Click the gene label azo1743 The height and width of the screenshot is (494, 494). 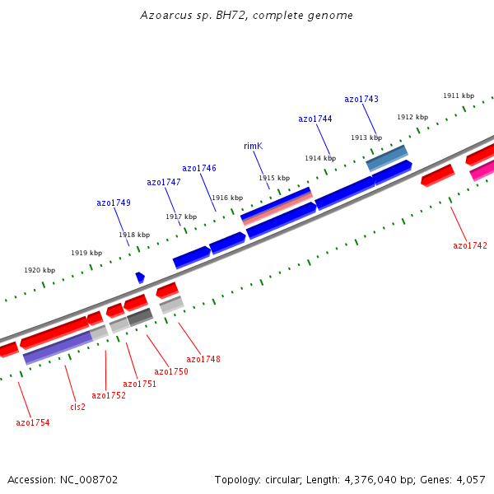pos(361,100)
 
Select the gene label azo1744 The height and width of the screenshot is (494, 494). pos(315,119)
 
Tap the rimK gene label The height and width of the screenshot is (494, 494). pos(253,147)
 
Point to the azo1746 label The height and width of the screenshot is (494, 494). pos(199,169)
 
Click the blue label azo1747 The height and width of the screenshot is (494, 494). pos(164,183)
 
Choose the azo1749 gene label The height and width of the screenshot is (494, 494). pos(114,203)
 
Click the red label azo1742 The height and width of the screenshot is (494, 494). pos(470,246)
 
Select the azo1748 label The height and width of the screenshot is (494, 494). pos(203,359)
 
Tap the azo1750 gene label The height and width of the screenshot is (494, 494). pos(171,372)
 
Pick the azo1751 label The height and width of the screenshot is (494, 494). pos(140,384)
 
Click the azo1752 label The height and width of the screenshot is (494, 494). pos(109,396)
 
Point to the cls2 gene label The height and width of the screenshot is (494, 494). pos(77,407)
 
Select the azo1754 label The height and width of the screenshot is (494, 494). pos(33,423)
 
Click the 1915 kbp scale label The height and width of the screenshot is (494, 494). pos(274,179)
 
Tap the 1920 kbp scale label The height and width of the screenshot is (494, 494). pos(40,271)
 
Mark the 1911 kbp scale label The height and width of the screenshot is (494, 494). pos(459,96)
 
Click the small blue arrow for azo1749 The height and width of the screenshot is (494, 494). pos(140,277)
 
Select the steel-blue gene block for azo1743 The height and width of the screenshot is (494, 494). pos(386,158)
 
